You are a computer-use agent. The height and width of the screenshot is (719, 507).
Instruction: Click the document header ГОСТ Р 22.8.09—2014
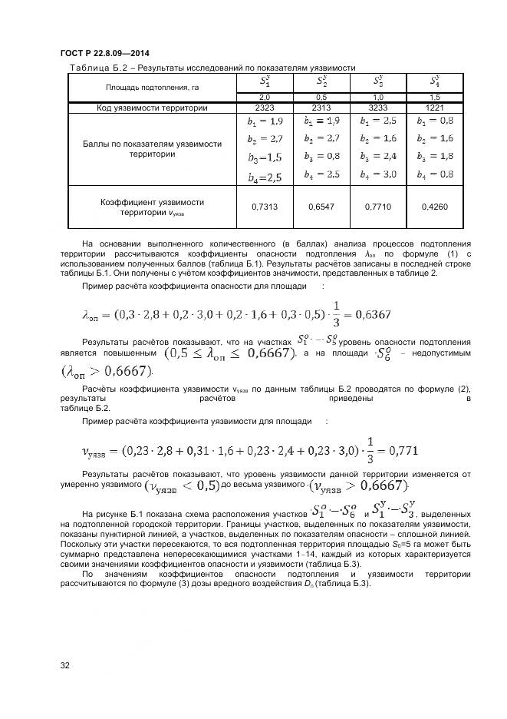pos(104,53)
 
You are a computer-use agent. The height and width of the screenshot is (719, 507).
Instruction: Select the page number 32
pos(65,664)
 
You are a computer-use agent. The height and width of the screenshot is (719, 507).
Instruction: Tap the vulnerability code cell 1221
pos(435,108)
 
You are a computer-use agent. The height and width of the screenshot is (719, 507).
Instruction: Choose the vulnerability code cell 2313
pos(321,108)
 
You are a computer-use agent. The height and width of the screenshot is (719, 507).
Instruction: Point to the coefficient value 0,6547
pos(321,207)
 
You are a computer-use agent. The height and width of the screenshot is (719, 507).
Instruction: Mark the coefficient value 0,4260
pos(435,207)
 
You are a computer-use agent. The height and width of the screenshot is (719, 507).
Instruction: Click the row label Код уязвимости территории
pos(152,108)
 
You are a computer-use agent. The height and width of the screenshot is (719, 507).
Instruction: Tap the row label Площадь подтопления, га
pos(152,88)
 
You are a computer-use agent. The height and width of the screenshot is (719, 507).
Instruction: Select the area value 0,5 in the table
pos(321,98)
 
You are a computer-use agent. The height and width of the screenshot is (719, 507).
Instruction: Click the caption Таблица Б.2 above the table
pos(95,68)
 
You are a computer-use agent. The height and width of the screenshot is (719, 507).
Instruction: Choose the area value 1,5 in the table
pos(435,98)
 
